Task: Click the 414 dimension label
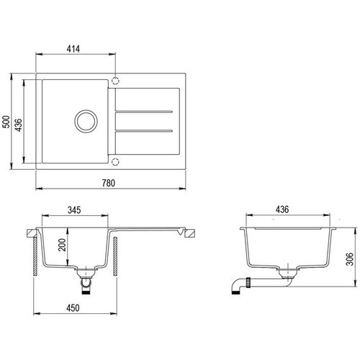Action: pos(73,49)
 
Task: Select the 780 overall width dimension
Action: pos(109,183)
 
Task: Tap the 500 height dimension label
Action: pos(6,122)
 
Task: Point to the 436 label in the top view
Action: pos(18,125)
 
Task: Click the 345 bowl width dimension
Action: pos(74,210)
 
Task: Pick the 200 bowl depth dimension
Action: pos(62,245)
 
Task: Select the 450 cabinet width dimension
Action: pos(73,308)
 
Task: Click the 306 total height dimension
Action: pos(350,259)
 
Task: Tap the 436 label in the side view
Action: pos(282,210)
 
